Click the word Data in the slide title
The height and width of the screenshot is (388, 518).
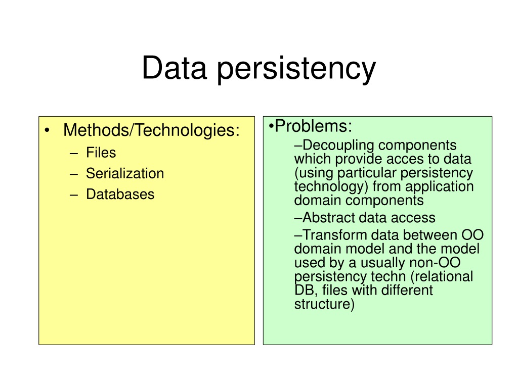[175, 68]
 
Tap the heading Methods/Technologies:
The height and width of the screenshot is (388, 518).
[151, 130]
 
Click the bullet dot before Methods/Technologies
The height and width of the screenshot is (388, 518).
[47, 130]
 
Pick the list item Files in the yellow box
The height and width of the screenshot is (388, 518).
[101, 153]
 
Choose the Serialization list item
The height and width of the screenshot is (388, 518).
[125, 173]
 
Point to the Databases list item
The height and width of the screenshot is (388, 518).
[120, 194]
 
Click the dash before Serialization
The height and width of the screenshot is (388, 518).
[74, 174]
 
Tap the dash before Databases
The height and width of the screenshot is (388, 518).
[74, 195]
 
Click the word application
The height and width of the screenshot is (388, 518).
[440, 187]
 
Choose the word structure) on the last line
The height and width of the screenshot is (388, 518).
[324, 304]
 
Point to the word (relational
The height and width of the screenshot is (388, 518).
[442, 276]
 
